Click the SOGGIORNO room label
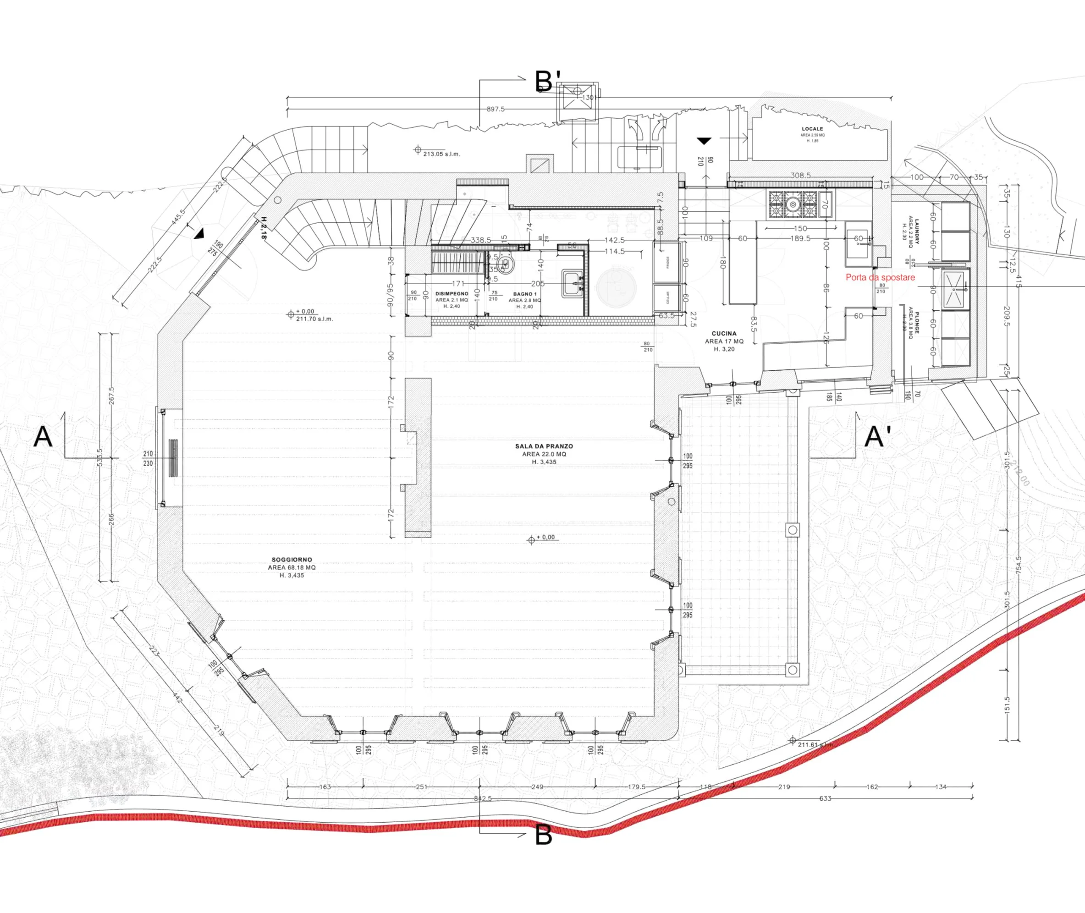point(292,560)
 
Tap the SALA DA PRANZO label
point(544,446)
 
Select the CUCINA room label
point(724,334)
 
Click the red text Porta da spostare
point(880,277)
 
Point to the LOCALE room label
point(812,129)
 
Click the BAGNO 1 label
point(524,294)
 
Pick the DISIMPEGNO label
point(452,293)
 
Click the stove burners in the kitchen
point(792,204)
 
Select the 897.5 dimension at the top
point(496,109)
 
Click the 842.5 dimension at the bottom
point(483,798)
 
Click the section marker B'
point(547,82)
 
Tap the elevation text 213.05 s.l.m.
point(441,154)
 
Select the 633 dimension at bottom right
point(825,798)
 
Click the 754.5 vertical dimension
point(1019,565)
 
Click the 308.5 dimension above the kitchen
point(800,176)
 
